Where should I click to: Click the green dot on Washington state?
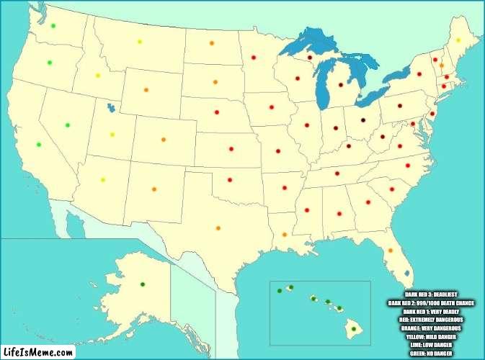(x=53, y=26)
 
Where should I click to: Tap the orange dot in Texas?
(x=218, y=228)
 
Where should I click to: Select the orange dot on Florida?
(x=390, y=251)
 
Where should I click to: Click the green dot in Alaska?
(x=142, y=284)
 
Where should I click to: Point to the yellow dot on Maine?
(x=458, y=40)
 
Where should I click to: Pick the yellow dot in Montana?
(x=140, y=42)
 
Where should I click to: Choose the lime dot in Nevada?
(x=68, y=125)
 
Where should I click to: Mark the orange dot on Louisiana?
(x=285, y=235)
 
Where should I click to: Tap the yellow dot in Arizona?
(x=102, y=180)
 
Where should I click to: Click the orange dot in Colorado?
(x=163, y=140)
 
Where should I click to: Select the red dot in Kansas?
(x=231, y=149)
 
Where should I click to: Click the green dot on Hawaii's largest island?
(x=353, y=329)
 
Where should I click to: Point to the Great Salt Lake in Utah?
(x=110, y=109)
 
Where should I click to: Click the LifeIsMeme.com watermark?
(x=39, y=351)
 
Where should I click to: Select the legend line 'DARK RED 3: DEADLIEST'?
(x=431, y=295)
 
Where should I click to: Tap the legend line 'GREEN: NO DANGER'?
(x=431, y=354)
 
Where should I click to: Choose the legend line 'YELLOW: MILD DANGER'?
(x=431, y=337)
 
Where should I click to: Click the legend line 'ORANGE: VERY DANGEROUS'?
(x=431, y=328)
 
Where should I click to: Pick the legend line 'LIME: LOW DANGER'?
(x=431, y=345)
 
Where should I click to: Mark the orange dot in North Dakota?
(x=211, y=43)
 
